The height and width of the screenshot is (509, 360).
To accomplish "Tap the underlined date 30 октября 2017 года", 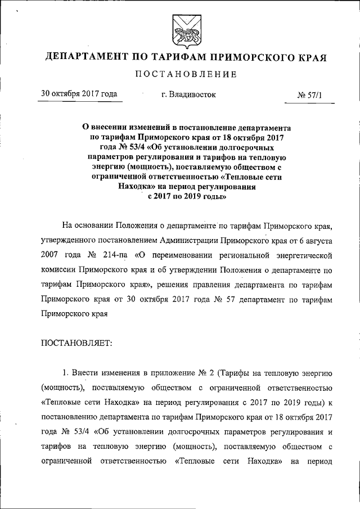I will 78,94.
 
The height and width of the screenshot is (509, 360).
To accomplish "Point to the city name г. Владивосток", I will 188,94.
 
